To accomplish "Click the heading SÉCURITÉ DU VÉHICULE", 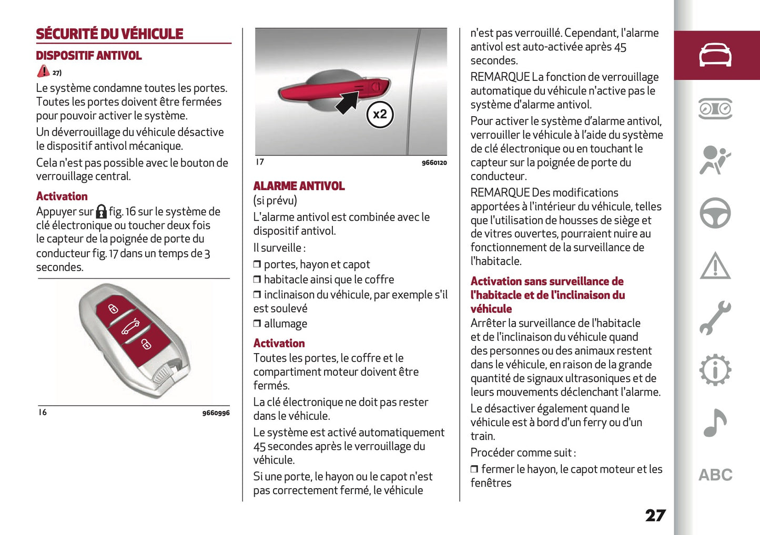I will [x=109, y=34].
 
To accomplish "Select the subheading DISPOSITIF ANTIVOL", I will [x=88, y=56].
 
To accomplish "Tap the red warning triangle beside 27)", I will [x=43, y=71].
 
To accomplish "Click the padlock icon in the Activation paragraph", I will [x=101, y=212].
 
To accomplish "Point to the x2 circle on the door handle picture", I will [x=379, y=114].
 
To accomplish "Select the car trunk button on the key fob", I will [x=130, y=327].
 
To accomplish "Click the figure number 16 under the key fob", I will [x=43, y=413].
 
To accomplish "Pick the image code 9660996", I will [x=216, y=413].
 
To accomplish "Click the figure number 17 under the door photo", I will [x=260, y=162].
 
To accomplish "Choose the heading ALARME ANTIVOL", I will [x=299, y=186].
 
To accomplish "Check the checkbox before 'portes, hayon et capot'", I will [x=257, y=264].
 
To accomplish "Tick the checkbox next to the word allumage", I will [x=257, y=324].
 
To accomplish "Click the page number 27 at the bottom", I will [x=655, y=516].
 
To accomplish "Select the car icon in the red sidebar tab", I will [x=715, y=55].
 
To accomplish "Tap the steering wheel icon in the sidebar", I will [x=715, y=213].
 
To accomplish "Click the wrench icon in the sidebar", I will [x=715, y=318].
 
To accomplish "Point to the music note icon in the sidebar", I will [x=715, y=423].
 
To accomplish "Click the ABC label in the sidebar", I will [x=715, y=475].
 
